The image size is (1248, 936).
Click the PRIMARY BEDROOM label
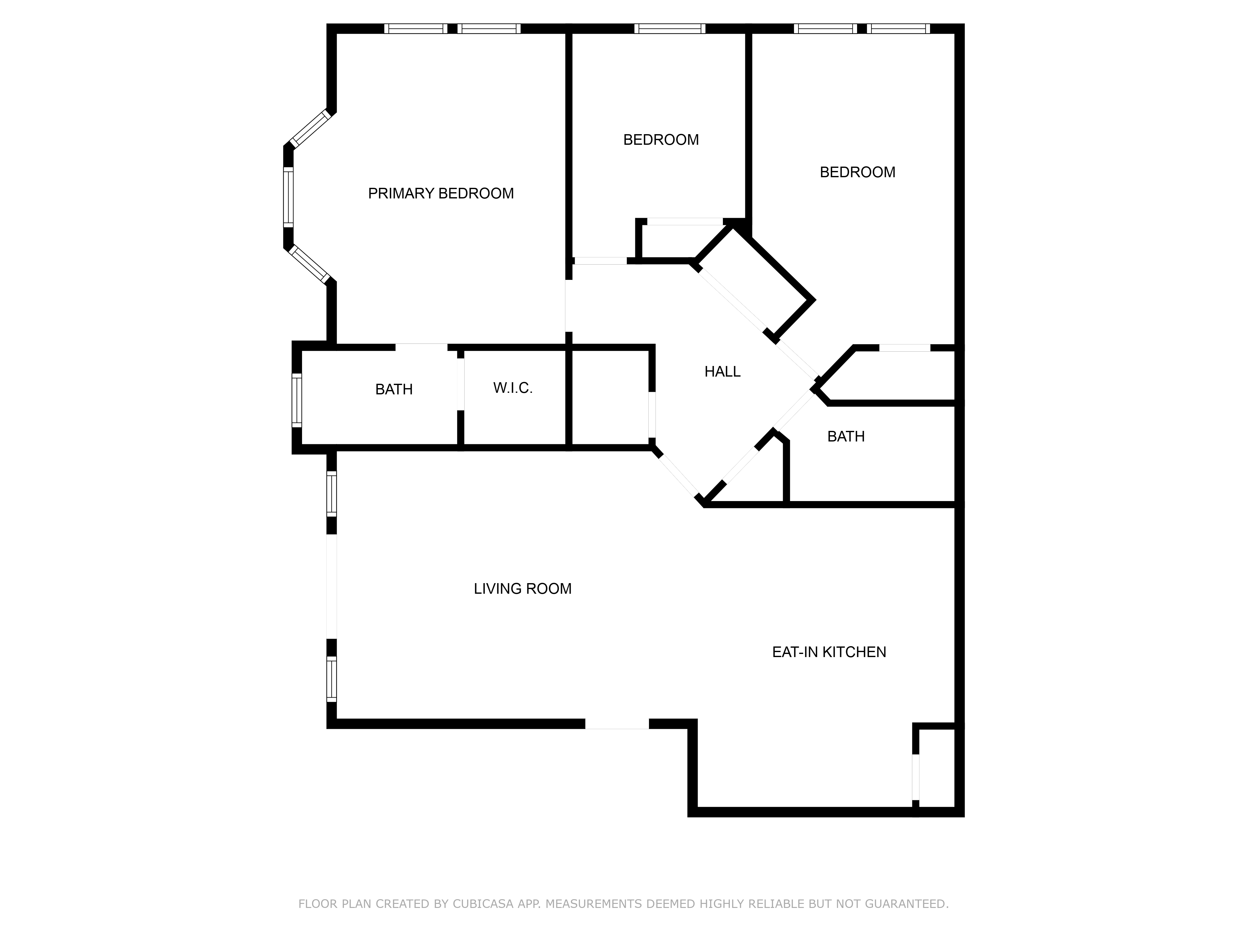coord(441,193)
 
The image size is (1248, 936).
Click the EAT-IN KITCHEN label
coord(829,652)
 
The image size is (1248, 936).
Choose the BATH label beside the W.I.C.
coord(394,389)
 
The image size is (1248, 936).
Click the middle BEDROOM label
coord(661,140)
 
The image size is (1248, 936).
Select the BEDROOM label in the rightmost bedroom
coord(857,172)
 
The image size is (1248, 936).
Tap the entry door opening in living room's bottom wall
coord(617,724)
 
